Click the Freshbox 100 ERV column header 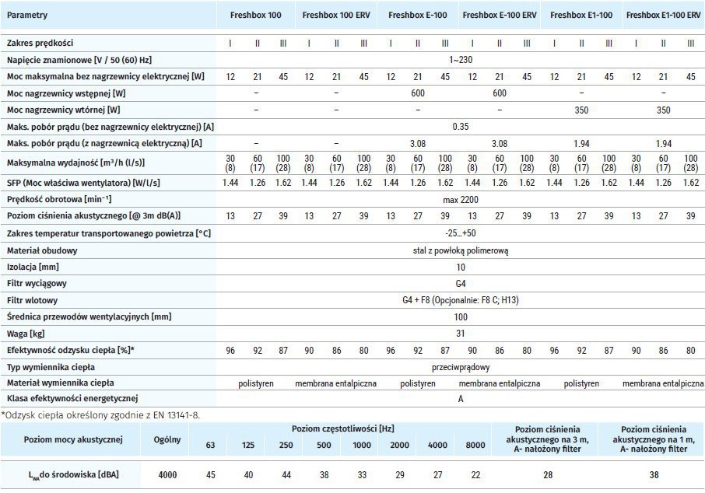[336, 14]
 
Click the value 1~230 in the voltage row [460, 59]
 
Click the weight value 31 [460, 334]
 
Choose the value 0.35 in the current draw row [460, 126]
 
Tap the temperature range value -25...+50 [460, 233]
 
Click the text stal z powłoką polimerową [460, 250]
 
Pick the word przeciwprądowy [460, 367]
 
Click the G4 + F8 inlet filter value [460, 300]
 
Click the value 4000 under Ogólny [167, 474]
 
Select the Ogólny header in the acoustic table [167, 439]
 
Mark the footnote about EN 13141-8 [100, 414]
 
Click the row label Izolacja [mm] [34, 267]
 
